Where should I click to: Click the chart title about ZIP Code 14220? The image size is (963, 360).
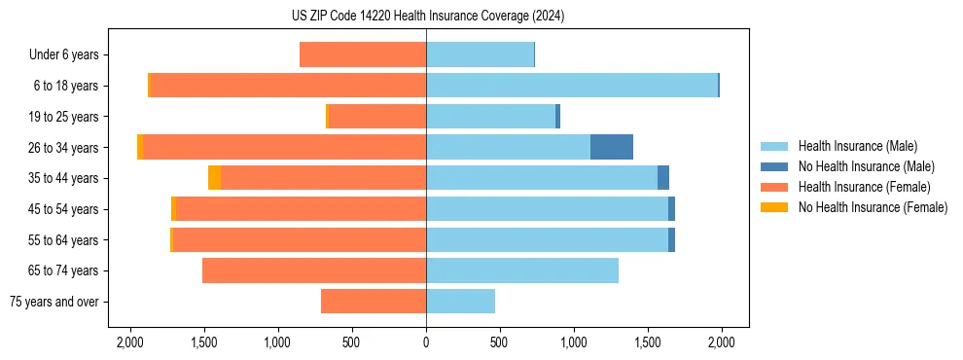(x=427, y=17)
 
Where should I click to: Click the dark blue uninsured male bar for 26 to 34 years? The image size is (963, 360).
(x=612, y=147)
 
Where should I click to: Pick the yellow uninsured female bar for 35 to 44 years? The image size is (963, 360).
(x=214, y=178)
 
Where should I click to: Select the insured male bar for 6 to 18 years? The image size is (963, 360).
(x=571, y=86)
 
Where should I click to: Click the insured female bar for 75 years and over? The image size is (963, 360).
(x=374, y=302)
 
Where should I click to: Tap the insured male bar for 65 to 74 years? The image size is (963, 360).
(x=522, y=270)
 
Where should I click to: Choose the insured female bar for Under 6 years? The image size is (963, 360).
(x=363, y=54)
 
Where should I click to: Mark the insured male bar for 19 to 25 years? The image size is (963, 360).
(x=490, y=117)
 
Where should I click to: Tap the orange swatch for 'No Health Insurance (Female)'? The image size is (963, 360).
(x=774, y=207)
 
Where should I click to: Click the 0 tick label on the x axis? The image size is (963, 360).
(x=426, y=342)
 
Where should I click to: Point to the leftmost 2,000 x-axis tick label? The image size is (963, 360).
(x=130, y=342)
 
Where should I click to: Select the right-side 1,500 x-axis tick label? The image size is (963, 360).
(x=647, y=342)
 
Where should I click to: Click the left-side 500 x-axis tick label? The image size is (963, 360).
(x=352, y=342)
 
